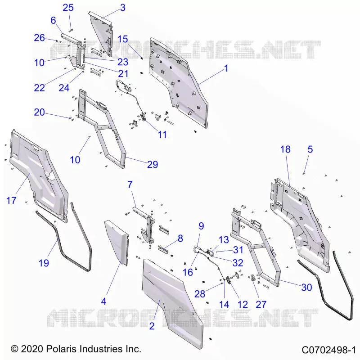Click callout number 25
point(68,8)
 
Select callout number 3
point(123,8)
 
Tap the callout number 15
point(122,39)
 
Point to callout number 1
point(226,68)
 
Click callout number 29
point(153,164)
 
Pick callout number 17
point(11,200)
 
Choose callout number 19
point(44,263)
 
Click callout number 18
point(285,149)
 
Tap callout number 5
point(310,149)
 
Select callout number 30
point(306,287)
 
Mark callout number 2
point(152,326)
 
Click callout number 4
point(103,301)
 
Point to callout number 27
point(261,305)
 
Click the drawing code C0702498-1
point(328,350)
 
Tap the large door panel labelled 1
point(179,83)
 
